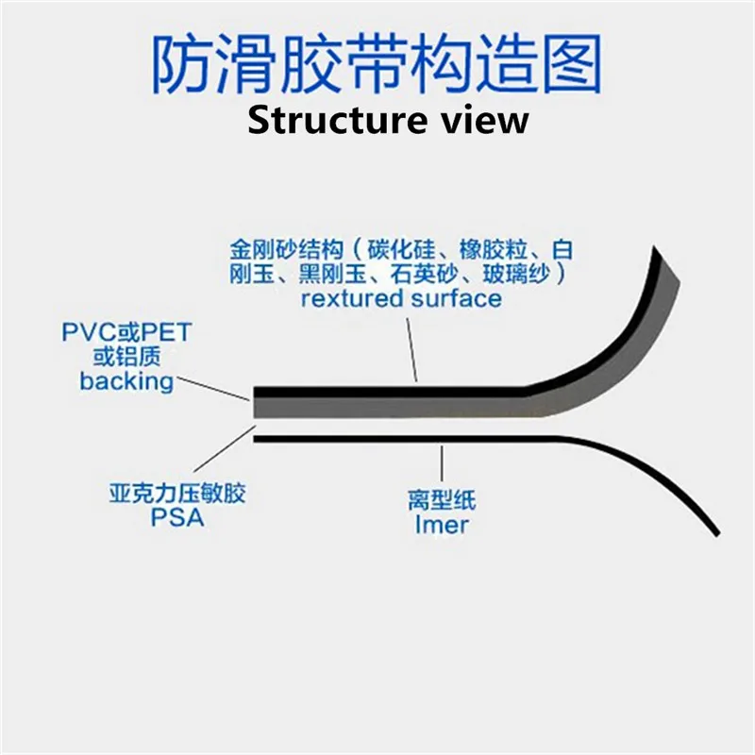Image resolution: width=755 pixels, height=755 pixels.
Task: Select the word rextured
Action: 348,298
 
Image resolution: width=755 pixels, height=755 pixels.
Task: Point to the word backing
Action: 126,381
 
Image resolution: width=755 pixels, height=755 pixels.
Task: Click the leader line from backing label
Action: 212,387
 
